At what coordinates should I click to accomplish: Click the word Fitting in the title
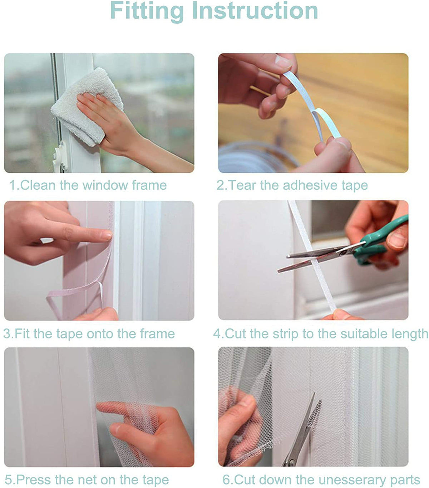(x=147, y=11)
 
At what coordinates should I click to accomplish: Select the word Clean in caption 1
(x=38, y=185)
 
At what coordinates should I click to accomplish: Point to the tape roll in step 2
(x=255, y=158)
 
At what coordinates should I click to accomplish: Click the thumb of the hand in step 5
(x=130, y=434)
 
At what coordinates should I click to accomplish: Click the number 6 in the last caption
(x=226, y=479)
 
